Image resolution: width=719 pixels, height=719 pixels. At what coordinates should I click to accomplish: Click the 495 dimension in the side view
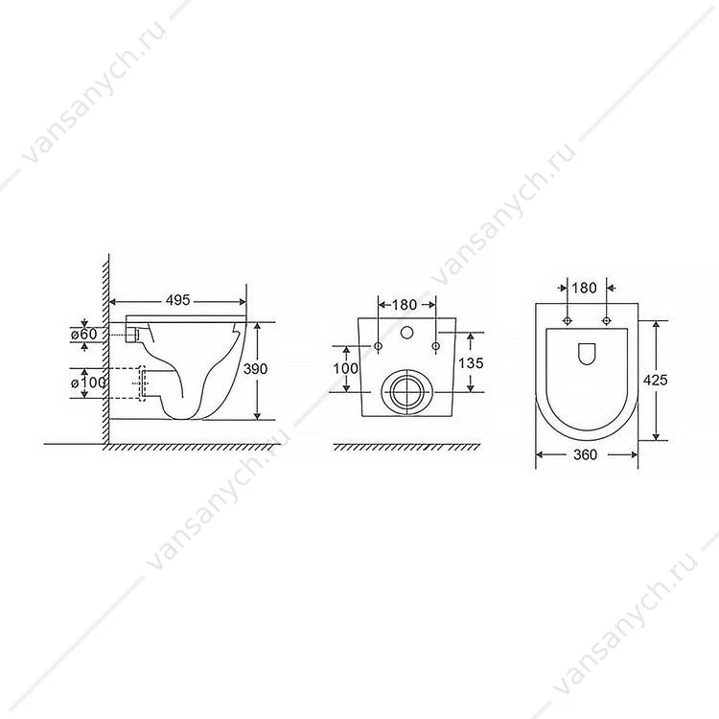[178, 300]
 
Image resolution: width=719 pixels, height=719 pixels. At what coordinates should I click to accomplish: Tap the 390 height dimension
[255, 369]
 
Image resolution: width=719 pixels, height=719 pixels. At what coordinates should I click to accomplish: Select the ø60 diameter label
[84, 334]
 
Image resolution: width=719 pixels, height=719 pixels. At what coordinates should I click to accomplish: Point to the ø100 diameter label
[89, 382]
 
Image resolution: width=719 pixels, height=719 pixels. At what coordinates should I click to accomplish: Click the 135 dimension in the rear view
[471, 362]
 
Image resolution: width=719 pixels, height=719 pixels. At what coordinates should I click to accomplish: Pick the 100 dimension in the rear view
[346, 368]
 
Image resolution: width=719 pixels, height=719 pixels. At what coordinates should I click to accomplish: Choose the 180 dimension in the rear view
[405, 305]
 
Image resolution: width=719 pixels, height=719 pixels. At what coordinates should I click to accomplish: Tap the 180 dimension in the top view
[585, 288]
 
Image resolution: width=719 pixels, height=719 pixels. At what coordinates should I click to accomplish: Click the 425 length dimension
[656, 381]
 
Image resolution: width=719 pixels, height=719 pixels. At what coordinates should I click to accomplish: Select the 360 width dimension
[586, 454]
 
